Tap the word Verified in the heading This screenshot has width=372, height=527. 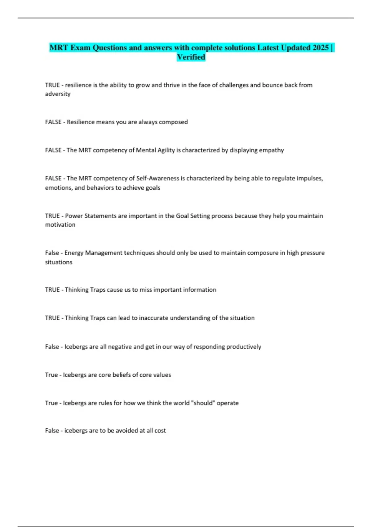click(191, 57)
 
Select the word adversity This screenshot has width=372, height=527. click(58, 94)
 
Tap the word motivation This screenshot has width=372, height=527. click(60, 225)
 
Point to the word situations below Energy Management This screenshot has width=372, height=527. click(59, 262)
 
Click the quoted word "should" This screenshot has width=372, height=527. click(203, 403)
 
